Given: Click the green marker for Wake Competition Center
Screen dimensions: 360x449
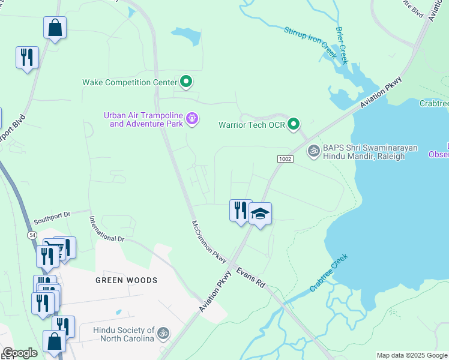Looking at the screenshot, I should click(186, 82).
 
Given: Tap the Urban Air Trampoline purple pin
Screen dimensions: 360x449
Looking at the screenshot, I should click(192, 119).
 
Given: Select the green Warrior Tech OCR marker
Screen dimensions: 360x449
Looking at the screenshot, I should click(294, 124).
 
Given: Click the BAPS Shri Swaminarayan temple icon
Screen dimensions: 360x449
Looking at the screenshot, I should click(313, 151).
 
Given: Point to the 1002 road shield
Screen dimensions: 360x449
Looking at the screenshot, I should click(285, 158).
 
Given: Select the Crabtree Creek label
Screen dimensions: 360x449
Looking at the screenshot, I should click(328, 273).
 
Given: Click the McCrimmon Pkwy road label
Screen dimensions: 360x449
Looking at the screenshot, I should click(209, 241).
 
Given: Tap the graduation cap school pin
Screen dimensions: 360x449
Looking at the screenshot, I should click(260, 214).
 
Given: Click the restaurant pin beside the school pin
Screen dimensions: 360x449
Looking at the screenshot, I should click(240, 210).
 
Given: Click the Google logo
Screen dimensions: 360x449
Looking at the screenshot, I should click(20, 353).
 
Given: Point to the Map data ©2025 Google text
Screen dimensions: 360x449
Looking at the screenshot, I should click(411, 355).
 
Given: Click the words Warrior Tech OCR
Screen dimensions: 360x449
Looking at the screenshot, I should click(252, 125).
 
